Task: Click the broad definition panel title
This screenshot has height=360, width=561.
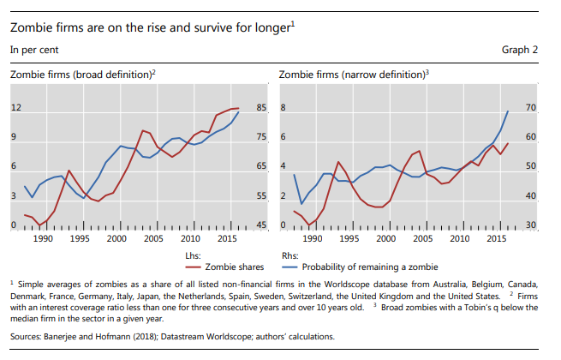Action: click(x=83, y=75)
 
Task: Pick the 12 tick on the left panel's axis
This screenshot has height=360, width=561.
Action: click(x=15, y=108)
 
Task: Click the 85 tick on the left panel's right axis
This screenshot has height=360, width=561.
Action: click(x=262, y=108)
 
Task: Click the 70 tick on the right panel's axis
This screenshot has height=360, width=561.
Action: click(x=530, y=108)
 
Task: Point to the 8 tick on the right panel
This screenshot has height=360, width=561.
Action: click(x=283, y=108)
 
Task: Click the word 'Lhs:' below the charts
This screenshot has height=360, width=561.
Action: click(x=194, y=255)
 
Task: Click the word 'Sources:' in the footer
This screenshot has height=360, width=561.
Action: click(x=26, y=336)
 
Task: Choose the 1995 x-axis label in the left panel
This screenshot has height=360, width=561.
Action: click(x=80, y=239)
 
